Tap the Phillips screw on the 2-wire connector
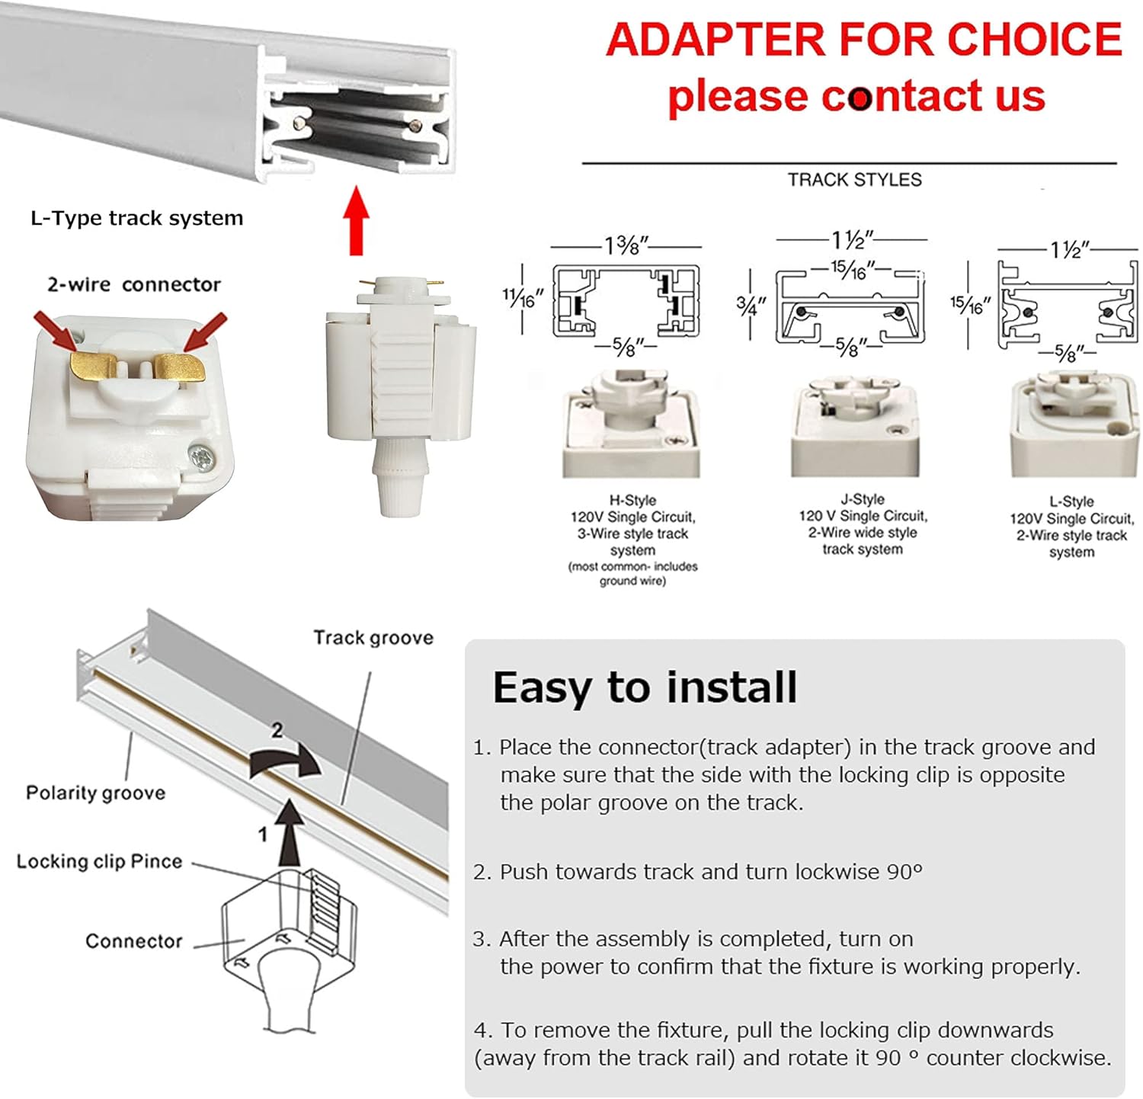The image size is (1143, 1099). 203,457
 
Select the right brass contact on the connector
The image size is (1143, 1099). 181,367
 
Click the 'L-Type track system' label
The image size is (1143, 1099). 136,218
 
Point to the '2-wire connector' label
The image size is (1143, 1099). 133,284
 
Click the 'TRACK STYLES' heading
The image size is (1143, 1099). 854,180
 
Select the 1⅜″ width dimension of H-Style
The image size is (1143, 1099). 626,245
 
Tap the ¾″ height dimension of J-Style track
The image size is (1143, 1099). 751,306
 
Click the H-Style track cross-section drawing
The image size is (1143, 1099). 626,301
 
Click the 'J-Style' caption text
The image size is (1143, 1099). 862,499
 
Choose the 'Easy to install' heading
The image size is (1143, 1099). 645,687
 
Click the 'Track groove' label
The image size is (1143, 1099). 373,637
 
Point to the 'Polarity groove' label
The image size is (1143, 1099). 95,793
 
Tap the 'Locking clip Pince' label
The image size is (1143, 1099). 99,861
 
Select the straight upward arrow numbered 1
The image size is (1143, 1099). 289,832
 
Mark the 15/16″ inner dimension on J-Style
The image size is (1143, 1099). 852,271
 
